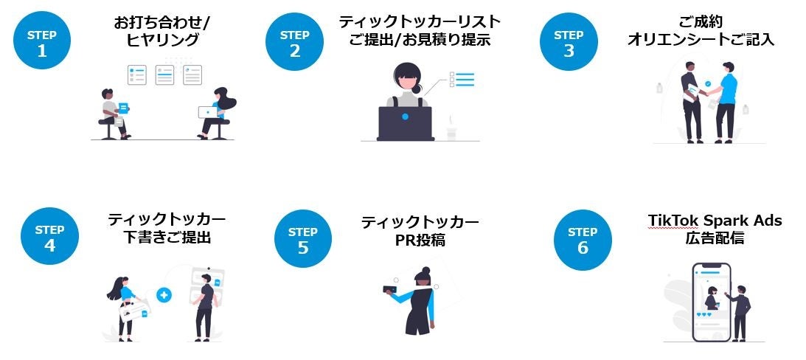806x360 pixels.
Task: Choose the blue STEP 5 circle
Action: coord(303,239)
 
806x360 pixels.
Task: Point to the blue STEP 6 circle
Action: coord(583,240)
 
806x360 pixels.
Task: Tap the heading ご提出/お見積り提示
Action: coord(419,40)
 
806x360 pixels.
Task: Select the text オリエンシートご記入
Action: coord(701,40)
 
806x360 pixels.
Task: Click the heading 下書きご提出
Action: coord(167,238)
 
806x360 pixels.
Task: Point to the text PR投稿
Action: coord(420,240)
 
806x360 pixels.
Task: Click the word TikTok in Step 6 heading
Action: coord(671,221)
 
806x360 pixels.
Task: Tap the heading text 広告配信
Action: coord(715,238)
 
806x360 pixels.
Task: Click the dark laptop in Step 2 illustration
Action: coord(405,123)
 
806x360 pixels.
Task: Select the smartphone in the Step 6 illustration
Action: coord(711,302)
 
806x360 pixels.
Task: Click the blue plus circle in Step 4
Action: coord(164,295)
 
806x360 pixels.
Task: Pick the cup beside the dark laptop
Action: coord(451,133)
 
